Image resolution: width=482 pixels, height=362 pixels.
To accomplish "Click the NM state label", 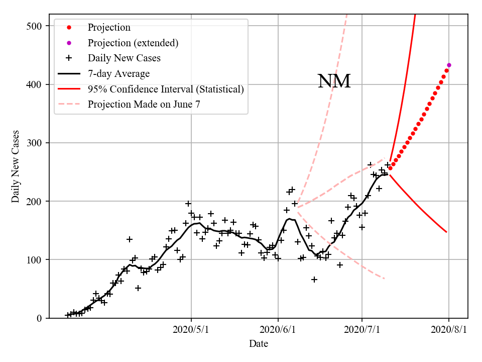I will coord(334,81).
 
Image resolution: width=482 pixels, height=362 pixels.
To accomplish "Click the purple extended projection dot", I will coord(449,65).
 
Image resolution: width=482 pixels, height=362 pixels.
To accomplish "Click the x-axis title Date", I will coord(258,344).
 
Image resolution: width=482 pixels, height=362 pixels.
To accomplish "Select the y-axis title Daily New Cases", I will coord(16,166).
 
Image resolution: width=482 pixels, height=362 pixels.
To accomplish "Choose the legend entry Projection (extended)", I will coord(133,43).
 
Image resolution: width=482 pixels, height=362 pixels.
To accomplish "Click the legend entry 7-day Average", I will coord(118,74).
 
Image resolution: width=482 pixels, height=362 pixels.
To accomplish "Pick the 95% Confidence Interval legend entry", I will coord(166,89).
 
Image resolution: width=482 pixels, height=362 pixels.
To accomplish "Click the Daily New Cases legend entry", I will coord(124,58).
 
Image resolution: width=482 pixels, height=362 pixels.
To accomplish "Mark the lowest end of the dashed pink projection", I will coord(385,279).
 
